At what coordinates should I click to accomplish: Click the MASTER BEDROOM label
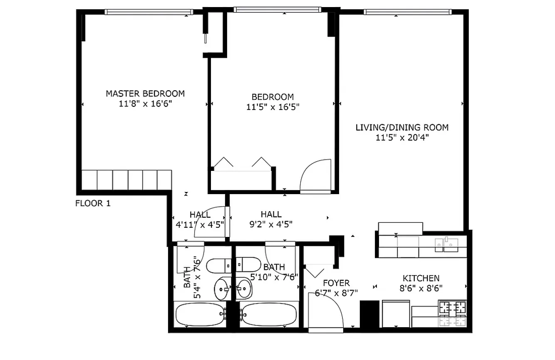tap(145, 94)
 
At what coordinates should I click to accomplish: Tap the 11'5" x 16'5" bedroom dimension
tap(273, 107)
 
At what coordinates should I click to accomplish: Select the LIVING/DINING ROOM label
tap(402, 128)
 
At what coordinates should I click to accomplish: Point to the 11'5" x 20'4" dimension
tap(402, 138)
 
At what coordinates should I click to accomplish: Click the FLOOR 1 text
tap(93, 203)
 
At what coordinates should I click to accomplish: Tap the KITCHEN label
tap(421, 278)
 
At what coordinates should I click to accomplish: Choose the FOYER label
tap(336, 283)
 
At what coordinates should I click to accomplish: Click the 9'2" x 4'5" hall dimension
tap(271, 224)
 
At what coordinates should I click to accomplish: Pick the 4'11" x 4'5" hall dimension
tap(200, 224)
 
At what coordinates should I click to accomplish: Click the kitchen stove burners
tap(453, 313)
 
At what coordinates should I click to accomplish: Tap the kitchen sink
tap(446, 244)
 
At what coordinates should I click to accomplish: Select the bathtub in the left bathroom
tap(200, 314)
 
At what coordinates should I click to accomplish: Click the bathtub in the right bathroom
tap(269, 314)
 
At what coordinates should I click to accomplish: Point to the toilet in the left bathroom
tap(219, 266)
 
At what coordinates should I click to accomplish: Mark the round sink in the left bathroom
tap(221, 288)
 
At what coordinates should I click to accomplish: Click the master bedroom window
tap(149, 12)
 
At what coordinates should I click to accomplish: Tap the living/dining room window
tap(408, 12)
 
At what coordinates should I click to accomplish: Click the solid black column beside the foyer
tap(369, 314)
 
